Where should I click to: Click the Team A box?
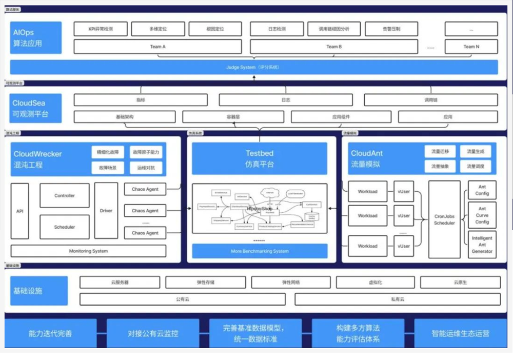click(x=157, y=47)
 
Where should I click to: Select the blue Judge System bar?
click(x=253, y=67)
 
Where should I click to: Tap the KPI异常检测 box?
click(x=101, y=29)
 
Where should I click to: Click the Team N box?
click(x=471, y=47)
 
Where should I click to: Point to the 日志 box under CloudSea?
click(x=286, y=100)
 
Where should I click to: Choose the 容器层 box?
click(x=233, y=117)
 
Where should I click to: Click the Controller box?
click(x=65, y=195)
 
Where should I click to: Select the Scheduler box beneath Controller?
click(x=65, y=227)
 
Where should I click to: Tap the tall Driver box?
click(x=106, y=211)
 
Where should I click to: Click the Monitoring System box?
click(x=88, y=251)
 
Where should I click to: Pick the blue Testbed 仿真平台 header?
click(x=259, y=158)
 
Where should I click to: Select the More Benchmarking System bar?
click(x=259, y=251)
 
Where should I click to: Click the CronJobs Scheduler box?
click(x=444, y=219)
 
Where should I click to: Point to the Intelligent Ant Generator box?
click(x=482, y=245)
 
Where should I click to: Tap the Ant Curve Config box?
click(x=482, y=215)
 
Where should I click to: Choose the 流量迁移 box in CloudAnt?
click(x=440, y=151)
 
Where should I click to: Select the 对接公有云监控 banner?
click(x=153, y=333)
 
